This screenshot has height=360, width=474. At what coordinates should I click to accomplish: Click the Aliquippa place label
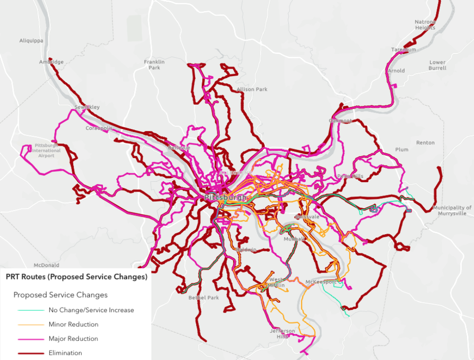point(31,41)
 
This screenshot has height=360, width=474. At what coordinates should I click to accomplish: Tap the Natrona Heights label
point(425,25)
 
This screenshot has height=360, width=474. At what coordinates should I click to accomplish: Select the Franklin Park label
point(155,65)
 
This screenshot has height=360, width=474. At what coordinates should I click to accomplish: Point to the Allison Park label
point(252,89)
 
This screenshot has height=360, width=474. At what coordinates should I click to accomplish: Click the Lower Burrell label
point(437,65)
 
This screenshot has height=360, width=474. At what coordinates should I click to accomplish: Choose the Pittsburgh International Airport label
point(46,151)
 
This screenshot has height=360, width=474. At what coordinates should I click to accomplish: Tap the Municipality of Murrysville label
point(452,211)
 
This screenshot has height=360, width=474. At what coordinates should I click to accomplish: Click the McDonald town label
point(46,265)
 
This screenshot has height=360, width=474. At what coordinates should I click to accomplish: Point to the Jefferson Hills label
point(282,334)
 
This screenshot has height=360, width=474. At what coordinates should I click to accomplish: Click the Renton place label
point(425,143)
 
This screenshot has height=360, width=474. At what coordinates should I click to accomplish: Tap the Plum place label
point(402,149)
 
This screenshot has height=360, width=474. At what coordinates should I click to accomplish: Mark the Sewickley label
point(87,107)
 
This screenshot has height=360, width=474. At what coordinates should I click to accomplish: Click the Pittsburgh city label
point(225,197)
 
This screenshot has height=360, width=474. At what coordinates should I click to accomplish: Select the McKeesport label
point(321,282)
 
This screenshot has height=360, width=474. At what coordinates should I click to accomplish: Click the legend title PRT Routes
point(77,277)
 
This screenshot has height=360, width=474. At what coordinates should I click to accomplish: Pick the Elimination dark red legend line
point(32,353)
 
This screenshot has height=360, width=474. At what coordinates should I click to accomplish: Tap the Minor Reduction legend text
point(73,325)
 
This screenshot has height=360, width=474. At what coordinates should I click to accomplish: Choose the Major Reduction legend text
point(73,339)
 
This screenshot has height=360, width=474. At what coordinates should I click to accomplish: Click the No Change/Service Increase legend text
point(91,310)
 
